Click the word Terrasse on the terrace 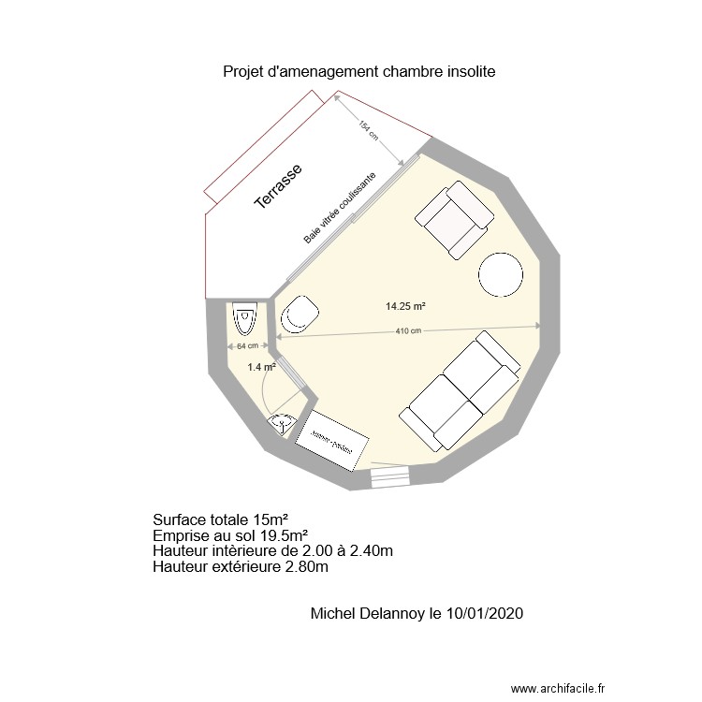pyautogui.click(x=278, y=190)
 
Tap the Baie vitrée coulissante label pyautogui.click(x=340, y=209)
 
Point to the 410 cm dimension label pyautogui.click(x=408, y=330)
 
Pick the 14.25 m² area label pyautogui.click(x=405, y=306)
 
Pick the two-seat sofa pyautogui.click(x=461, y=390)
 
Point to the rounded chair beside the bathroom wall pyautogui.click(x=299, y=314)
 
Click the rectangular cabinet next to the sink pyautogui.click(x=332, y=439)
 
